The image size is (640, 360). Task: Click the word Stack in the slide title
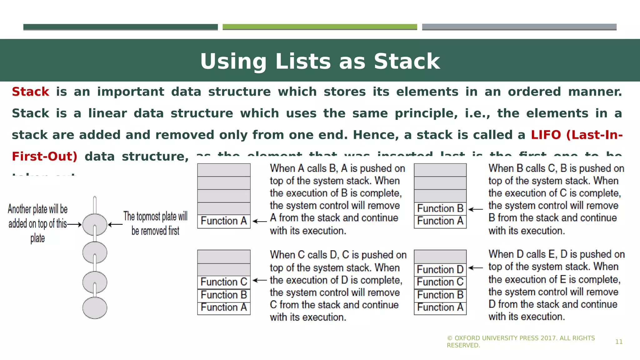click(407, 61)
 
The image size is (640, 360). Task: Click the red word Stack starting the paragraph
click(30, 92)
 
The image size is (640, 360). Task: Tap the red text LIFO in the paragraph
click(546, 135)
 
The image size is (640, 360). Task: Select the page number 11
click(619, 342)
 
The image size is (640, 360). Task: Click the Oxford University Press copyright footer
click(521, 342)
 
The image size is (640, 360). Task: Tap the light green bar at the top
click(320, 27)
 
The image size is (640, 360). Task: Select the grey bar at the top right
click(519, 27)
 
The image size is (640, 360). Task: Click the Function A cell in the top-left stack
click(224, 221)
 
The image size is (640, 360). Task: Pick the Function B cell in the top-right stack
click(440, 208)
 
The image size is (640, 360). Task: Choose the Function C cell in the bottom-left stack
click(224, 282)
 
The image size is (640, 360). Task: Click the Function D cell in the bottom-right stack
click(440, 269)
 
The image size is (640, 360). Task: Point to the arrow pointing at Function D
click(476, 268)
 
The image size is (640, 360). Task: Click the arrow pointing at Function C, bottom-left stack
click(260, 280)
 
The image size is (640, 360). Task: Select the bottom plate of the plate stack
click(95, 308)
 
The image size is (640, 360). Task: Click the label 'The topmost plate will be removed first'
click(155, 223)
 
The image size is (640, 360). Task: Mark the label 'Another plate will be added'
click(38, 223)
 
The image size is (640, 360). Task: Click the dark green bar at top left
click(120, 27)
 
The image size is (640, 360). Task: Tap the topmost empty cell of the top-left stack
click(224, 170)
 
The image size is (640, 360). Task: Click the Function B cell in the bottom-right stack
click(440, 295)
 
